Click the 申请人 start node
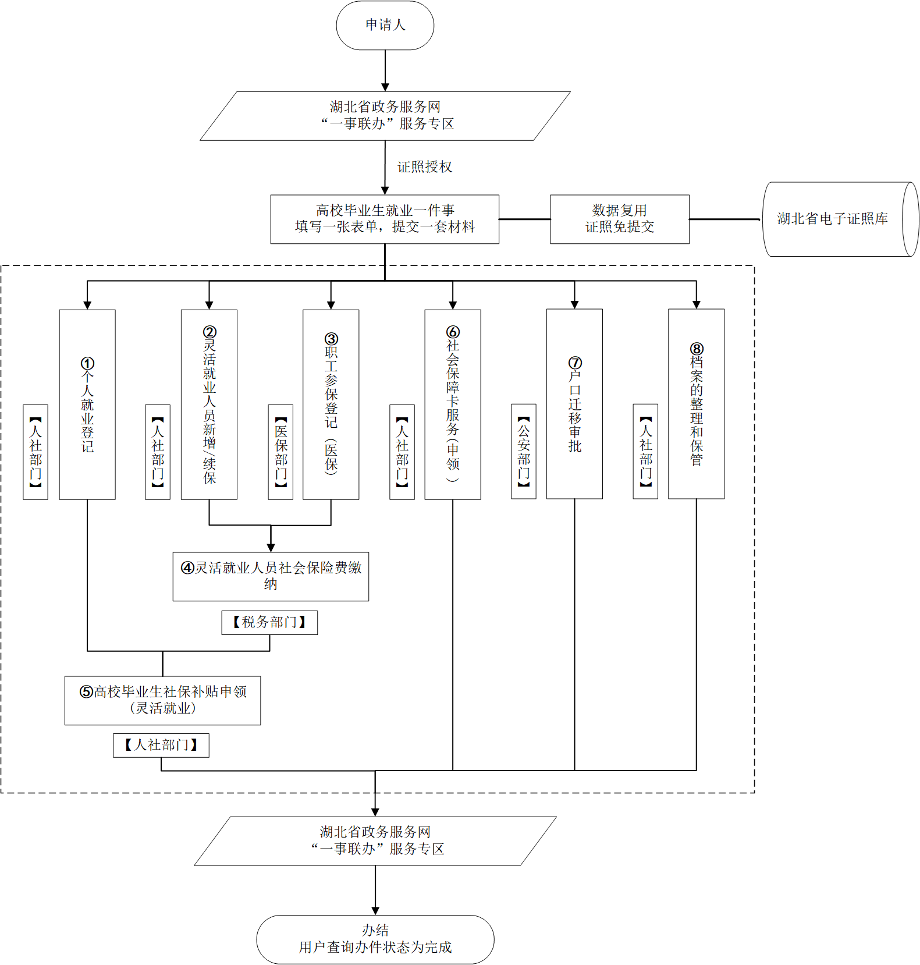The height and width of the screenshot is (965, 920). [x=385, y=25]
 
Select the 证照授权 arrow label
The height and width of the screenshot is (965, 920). [x=424, y=167]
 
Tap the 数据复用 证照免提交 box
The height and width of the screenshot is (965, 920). [x=619, y=219]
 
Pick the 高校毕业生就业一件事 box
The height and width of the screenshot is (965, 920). [x=385, y=219]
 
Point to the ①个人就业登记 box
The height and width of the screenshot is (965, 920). [x=87, y=405]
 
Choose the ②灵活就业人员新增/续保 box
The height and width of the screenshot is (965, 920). [x=209, y=405]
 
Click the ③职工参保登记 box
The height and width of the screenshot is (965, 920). [x=331, y=405]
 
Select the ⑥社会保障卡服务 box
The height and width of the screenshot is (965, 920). [x=453, y=405]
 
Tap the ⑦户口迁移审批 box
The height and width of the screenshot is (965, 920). [x=574, y=404]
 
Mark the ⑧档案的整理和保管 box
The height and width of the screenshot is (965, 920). [x=696, y=404]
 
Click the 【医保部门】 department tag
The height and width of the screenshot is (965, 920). [x=280, y=452]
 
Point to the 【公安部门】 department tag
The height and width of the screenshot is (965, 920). [x=524, y=451]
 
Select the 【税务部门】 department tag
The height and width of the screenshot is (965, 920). [x=269, y=622]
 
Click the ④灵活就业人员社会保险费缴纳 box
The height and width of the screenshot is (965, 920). [x=271, y=576]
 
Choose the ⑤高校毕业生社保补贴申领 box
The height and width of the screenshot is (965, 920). [x=162, y=700]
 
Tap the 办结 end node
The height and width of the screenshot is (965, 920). [x=375, y=939]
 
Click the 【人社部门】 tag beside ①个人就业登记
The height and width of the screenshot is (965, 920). [x=35, y=452]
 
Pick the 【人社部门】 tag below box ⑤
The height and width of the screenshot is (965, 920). [x=161, y=745]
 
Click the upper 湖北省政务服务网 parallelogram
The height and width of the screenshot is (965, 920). [x=385, y=116]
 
